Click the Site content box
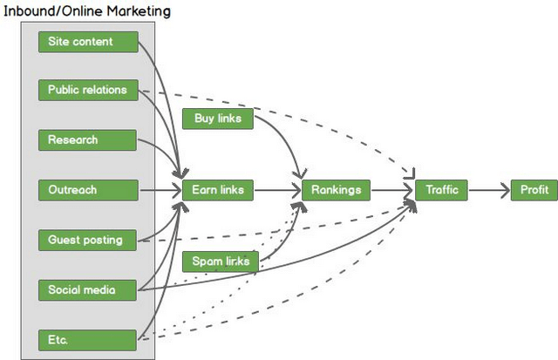tap(88, 42)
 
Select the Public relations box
tap(88, 90)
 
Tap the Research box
tap(88, 139)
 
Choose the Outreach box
tap(88, 189)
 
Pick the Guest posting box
tap(88, 239)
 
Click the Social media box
tap(88, 289)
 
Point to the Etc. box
tap(88, 339)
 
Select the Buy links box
tap(217, 118)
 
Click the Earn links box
tap(217, 189)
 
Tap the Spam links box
tap(220, 261)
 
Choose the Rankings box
tap(337, 189)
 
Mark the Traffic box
tap(441, 189)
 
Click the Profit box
tap(534, 189)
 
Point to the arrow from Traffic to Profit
tap(489, 189)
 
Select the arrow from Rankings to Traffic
tap(392, 189)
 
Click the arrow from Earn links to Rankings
tap(277, 189)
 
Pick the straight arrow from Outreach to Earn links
tap(160, 189)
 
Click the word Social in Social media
tap(65, 289)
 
